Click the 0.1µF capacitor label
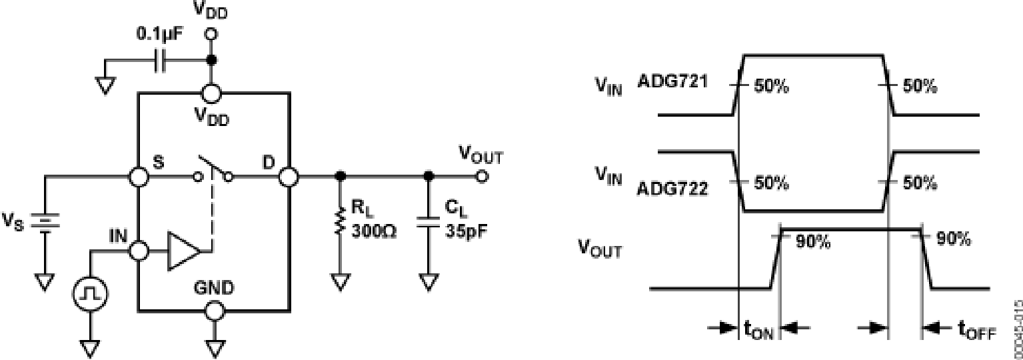[159, 32]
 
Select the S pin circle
[138, 177]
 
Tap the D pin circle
[289, 177]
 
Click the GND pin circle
[213, 311]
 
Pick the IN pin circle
[138, 251]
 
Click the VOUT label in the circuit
[481, 156]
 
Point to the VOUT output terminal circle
[482, 177]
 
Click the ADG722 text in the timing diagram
[672, 189]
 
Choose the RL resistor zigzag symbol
[341, 221]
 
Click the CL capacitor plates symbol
[427, 221]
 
